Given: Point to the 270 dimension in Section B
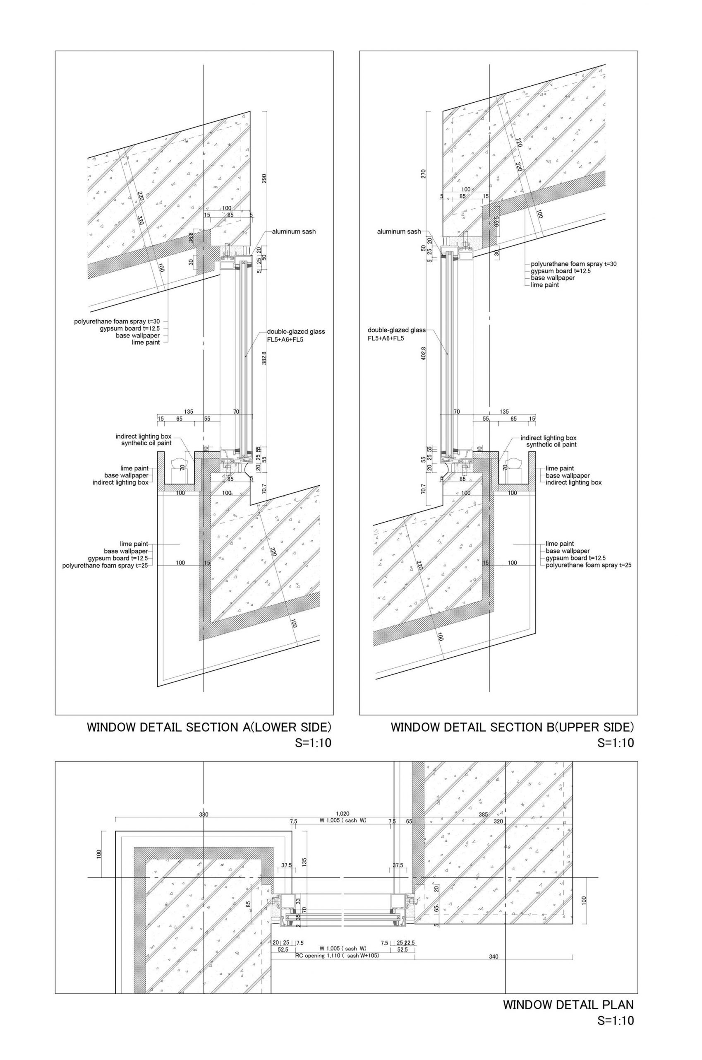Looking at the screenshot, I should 424,174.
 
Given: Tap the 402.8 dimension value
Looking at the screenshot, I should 424,353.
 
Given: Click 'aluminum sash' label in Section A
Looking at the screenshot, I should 294,231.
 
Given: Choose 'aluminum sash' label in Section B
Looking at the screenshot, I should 398,231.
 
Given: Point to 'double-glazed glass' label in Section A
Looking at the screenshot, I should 296,332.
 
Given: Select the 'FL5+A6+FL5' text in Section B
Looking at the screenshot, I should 386,338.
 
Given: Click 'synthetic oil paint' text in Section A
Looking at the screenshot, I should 146,443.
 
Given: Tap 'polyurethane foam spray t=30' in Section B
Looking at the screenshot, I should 573,264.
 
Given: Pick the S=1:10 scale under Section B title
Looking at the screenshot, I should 615,743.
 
